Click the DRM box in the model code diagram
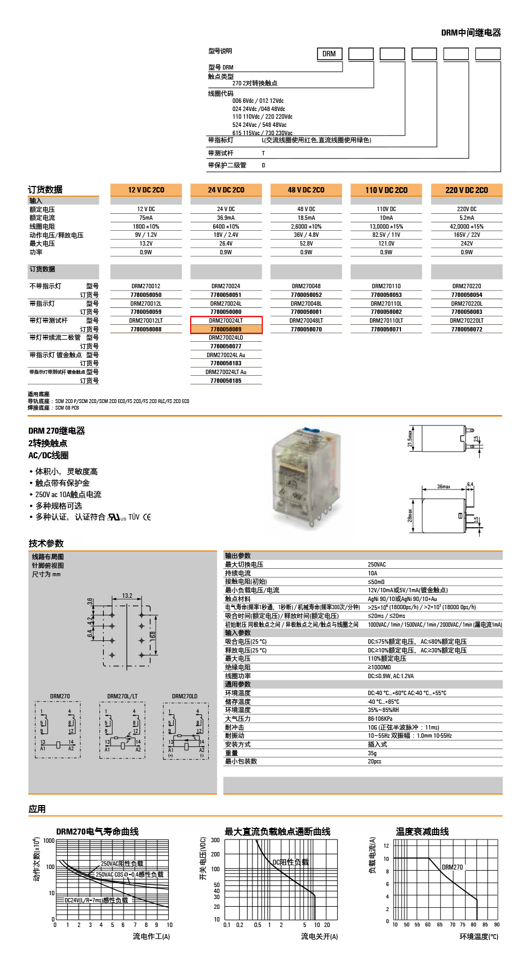329,54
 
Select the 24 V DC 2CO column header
226,190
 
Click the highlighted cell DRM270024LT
226,320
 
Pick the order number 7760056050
146,295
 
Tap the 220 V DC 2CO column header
466,190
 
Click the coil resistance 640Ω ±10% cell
226,226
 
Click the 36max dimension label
443,487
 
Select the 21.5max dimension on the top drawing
410,438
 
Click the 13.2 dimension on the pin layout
127,596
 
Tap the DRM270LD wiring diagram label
185,696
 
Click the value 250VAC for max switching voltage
376,564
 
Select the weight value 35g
372,753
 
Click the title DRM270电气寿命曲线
97,831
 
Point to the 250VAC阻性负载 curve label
122,864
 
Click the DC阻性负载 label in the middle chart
290,862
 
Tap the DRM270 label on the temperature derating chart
452,867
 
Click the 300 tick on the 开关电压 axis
215,840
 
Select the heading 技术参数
46,543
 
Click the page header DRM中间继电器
470,33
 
